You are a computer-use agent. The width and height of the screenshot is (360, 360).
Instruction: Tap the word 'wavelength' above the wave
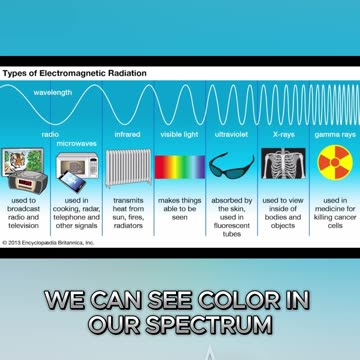(53, 92)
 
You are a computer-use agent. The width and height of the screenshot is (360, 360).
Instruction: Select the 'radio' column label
(50, 132)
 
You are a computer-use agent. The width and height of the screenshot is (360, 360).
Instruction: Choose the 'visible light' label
(180, 132)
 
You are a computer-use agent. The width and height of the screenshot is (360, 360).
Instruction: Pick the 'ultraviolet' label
(232, 132)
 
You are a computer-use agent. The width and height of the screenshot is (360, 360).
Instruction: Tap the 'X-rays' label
(284, 132)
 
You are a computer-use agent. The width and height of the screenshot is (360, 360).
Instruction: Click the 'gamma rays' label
(333, 132)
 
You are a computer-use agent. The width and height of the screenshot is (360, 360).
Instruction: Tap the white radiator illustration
(128, 168)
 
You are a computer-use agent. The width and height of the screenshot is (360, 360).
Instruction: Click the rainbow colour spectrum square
(180, 168)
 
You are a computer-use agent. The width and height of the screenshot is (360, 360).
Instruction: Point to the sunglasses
(232, 166)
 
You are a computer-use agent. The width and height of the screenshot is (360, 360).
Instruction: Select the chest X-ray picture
(284, 166)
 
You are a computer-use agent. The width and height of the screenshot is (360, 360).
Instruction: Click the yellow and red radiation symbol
(334, 164)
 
